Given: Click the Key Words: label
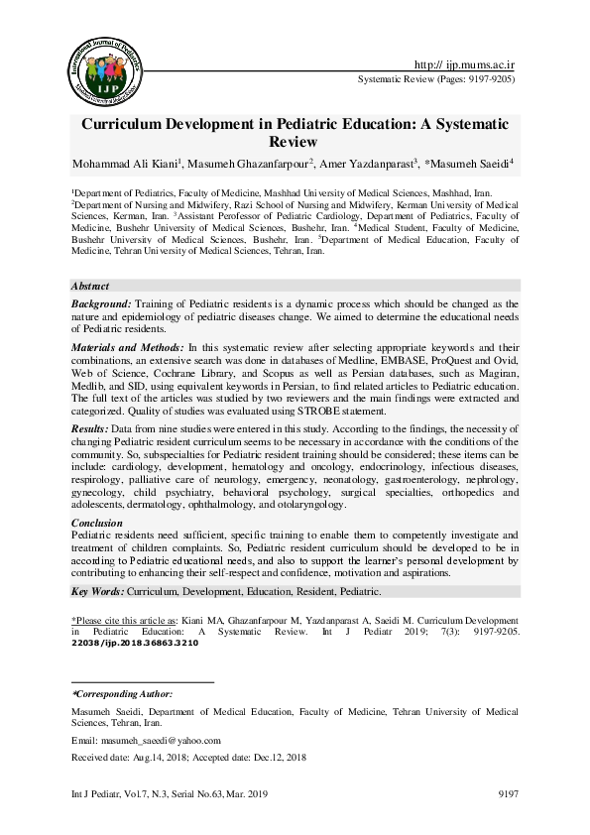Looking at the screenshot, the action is click(x=97, y=591).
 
